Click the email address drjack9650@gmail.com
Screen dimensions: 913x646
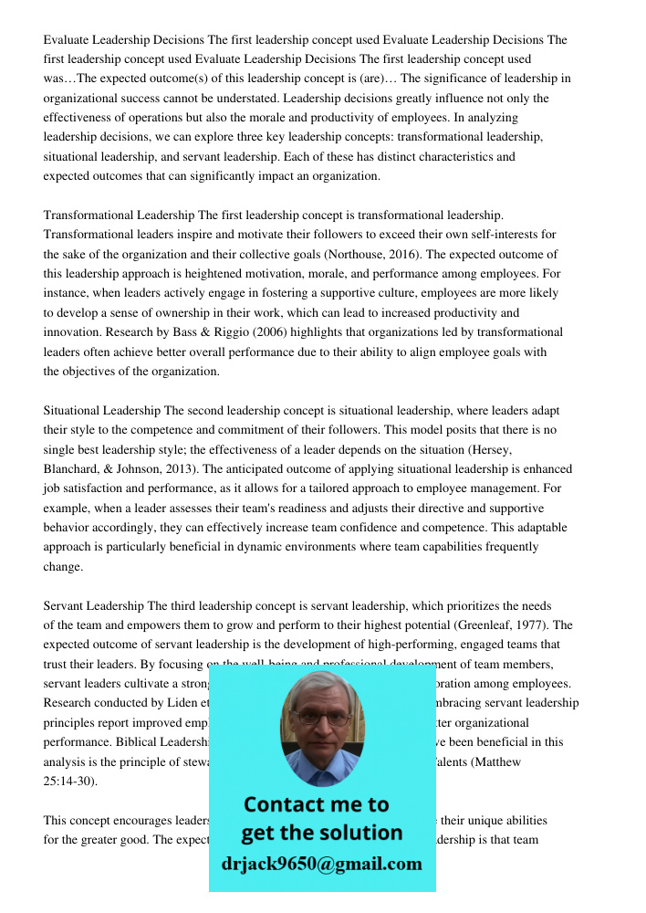(x=322, y=864)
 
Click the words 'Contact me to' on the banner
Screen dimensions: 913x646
(x=316, y=804)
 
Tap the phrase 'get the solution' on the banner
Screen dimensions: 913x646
(x=321, y=833)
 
